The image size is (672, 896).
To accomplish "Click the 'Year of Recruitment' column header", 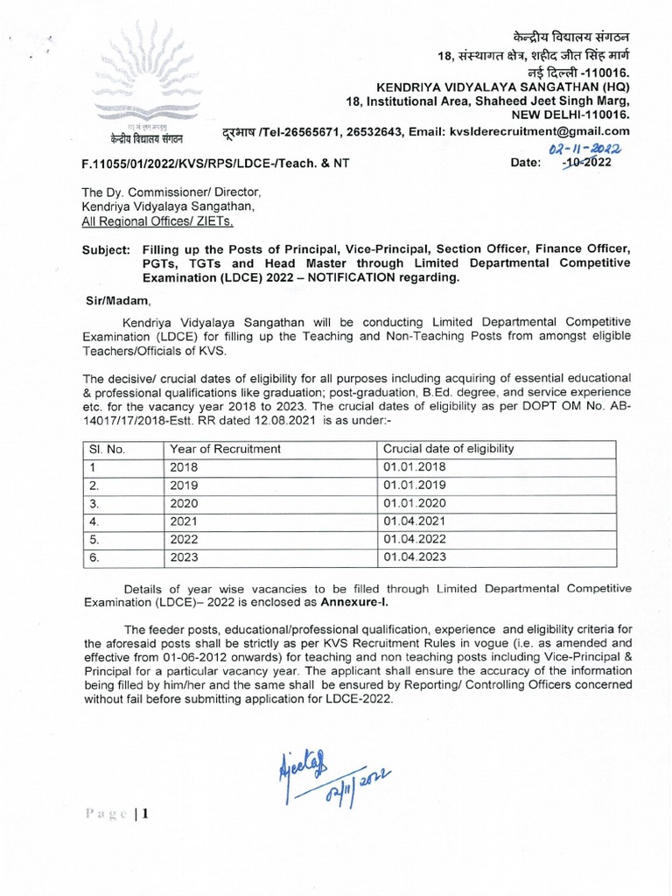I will click(x=225, y=449).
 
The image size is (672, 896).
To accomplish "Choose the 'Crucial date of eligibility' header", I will click(x=448, y=449).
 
